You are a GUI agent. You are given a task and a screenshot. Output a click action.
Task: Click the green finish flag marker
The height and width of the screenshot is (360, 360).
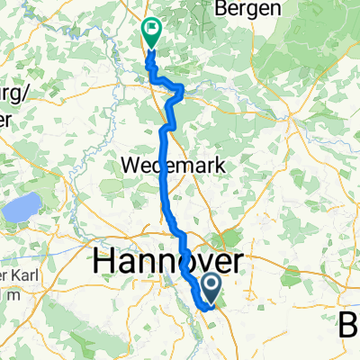tap(150, 34)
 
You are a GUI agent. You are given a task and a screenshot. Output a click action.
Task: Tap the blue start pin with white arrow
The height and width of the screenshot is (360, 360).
tap(212, 288)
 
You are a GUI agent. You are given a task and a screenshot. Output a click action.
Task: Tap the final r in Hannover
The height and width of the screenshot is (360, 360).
tap(246, 263)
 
